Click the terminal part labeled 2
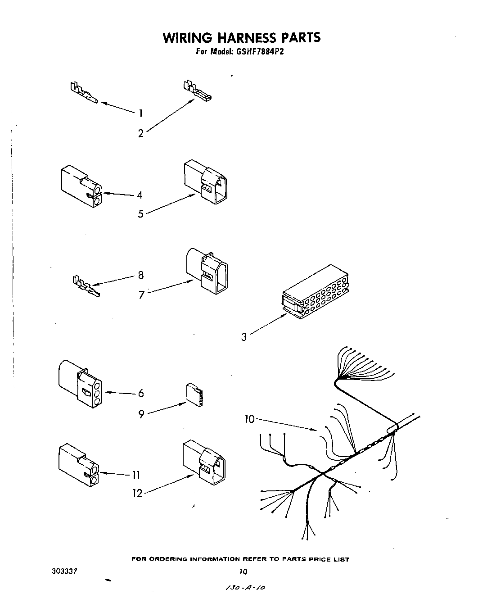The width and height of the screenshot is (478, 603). point(198,91)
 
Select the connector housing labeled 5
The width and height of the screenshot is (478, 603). point(206,182)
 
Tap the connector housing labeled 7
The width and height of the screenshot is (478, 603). point(207,270)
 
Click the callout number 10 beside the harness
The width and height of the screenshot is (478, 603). point(249,419)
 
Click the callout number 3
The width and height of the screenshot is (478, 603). point(244,337)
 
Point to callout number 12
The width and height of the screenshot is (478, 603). point(137,494)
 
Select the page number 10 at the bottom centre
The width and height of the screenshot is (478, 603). point(243,572)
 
